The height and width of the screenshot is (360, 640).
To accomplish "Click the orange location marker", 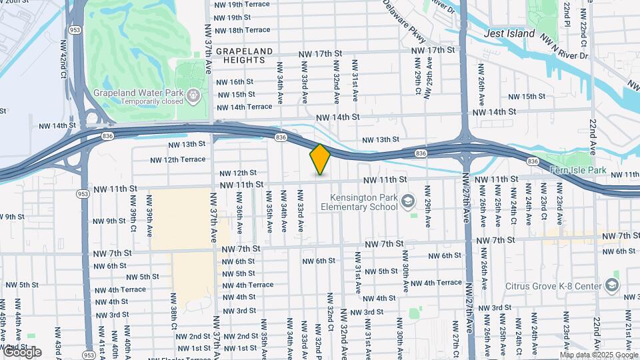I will [x=320, y=159].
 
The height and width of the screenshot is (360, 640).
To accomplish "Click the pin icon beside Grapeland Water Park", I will [x=193, y=97].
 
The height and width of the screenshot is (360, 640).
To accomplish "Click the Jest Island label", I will [x=509, y=33].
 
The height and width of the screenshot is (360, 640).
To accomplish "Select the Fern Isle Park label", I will [x=577, y=171].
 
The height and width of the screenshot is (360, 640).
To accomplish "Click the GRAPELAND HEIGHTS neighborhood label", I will [x=245, y=55].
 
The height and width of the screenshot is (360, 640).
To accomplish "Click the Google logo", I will [x=21, y=352].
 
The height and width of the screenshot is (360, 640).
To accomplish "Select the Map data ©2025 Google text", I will [x=599, y=355].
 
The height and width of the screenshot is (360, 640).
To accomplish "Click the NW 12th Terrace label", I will [x=177, y=160].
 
